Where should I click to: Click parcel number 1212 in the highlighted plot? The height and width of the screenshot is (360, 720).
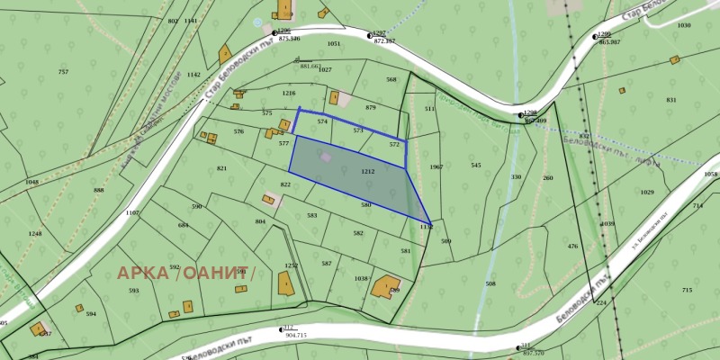point(367,171)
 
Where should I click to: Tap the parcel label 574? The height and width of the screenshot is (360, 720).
point(321,121)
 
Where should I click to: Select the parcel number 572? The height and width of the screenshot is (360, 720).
point(393,144)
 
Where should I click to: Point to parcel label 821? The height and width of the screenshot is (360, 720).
point(221,168)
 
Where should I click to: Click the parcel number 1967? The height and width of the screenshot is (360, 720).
point(436,167)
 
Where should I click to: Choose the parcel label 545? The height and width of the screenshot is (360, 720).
point(475,165)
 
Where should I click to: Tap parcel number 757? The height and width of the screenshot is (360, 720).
point(63,72)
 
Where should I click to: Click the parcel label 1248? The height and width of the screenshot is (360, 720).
point(34,234)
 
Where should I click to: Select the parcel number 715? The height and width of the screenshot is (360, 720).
point(687,290)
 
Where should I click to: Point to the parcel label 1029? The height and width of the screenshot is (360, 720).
point(647,192)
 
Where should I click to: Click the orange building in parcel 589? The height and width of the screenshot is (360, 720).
point(385,286)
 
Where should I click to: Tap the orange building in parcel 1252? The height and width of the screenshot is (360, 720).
point(285,285)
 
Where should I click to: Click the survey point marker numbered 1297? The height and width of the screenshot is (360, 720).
point(369,35)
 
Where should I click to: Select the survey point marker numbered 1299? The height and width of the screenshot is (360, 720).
point(594,36)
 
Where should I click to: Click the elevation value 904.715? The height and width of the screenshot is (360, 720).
point(295,335)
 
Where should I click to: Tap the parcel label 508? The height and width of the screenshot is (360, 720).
point(490,283)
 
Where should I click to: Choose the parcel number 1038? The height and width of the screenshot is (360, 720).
point(361,279)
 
